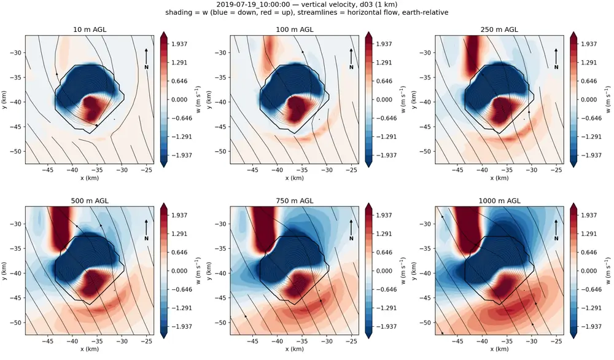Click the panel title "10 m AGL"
[x=90, y=29]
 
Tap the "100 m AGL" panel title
[x=295, y=29]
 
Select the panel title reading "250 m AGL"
[x=499, y=29]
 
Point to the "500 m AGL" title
[x=90, y=200]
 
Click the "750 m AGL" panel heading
[x=295, y=200]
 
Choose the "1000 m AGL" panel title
[x=499, y=200]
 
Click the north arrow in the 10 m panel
[x=146, y=57]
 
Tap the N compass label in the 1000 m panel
[x=556, y=238]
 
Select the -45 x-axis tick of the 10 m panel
[x=47, y=170]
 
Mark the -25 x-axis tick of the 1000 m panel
[x=556, y=341]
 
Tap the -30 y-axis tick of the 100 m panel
[x=222, y=52]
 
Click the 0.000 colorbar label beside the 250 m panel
[x=589, y=100]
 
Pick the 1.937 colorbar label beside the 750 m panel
[x=384, y=215]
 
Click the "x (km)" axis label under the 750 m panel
[x=295, y=349]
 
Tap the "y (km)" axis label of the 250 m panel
[x=414, y=100]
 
